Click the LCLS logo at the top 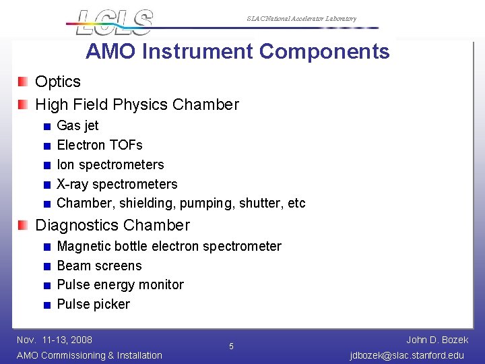pos(114,22)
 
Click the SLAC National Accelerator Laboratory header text pos(301,19)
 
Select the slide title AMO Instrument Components pos(237,52)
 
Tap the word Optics pos(58,82)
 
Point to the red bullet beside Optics pos(24,82)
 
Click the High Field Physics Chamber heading pos(137,104)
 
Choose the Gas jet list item pos(77,125)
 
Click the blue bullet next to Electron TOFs pos(46,146)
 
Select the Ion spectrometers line pos(110,164)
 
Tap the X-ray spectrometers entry pos(117,184)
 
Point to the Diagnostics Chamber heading pos(112,225)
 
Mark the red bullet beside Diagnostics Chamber pos(24,225)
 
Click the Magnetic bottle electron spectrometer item pos(169,246)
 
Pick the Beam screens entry pos(99,266)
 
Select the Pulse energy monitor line pos(120,284)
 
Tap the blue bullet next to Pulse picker pos(46,305)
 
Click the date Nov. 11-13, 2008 pos(55,340)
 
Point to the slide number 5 pos(231,346)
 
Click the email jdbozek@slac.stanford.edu pos(407,355)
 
